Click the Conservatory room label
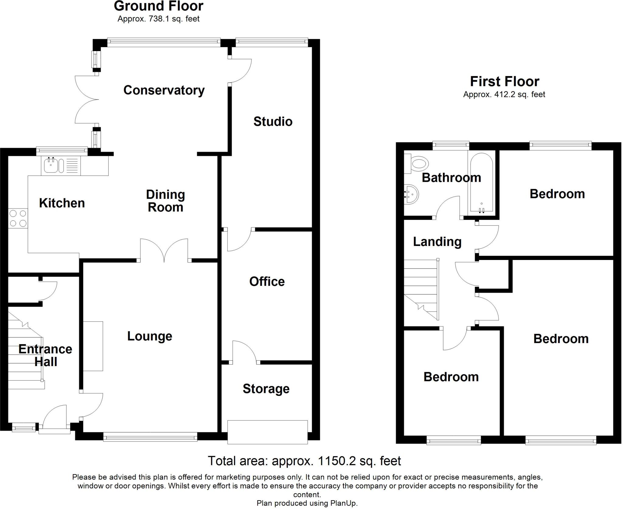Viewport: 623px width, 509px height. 164,90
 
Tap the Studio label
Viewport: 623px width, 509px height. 273,122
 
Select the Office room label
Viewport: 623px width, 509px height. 267,282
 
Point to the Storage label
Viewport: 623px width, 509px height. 266,389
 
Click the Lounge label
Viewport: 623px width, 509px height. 150,336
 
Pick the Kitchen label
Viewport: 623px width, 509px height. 62,203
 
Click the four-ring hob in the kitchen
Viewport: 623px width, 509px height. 18,218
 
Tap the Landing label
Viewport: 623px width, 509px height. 437,242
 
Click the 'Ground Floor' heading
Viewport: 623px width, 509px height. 158,6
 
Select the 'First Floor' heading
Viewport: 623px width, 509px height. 504,81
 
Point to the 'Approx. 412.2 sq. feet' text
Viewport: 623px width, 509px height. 504,95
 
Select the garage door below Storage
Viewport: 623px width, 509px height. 267,432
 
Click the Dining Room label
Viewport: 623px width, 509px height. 165,201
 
